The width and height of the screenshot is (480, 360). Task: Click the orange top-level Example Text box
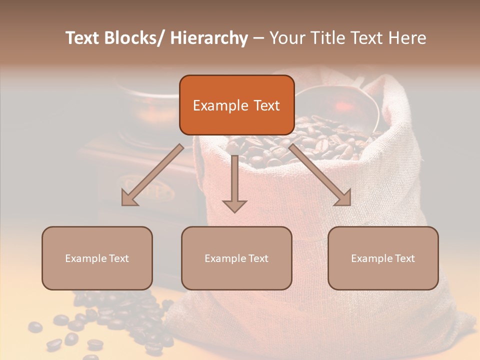click(236, 105)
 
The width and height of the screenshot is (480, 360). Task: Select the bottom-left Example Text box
click(97, 258)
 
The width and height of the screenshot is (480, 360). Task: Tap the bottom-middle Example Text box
click(236, 258)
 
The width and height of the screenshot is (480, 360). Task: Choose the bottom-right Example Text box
click(383, 258)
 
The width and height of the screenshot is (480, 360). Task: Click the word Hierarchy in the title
click(209, 38)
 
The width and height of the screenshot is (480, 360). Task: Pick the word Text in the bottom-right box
click(403, 258)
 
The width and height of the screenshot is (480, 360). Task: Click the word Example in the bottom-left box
click(83, 258)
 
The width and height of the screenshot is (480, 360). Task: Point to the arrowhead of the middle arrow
click(234, 204)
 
